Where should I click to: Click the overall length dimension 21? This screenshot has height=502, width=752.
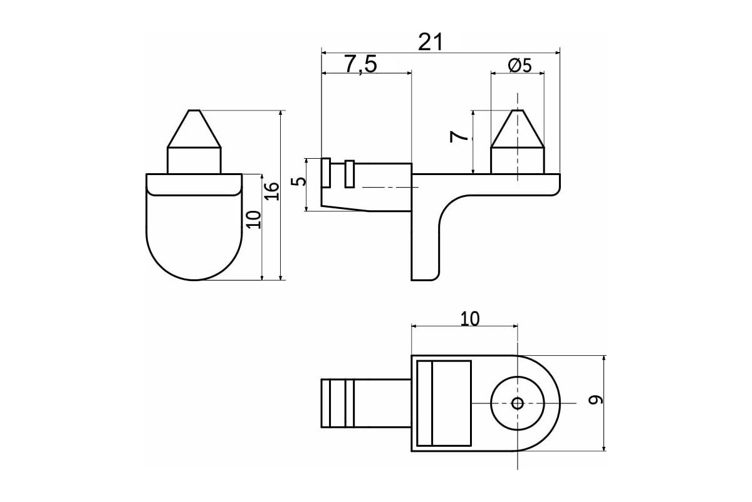coord(431,42)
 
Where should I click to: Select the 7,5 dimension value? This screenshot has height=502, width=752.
coord(360,64)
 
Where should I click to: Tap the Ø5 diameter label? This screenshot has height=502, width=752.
coord(520,65)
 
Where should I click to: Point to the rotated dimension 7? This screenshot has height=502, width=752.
coord(459,137)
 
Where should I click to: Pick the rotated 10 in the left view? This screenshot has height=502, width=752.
coord(254,220)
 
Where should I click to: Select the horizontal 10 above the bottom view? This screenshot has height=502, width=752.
coord(469,319)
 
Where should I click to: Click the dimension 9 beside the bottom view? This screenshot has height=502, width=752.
coord(595,400)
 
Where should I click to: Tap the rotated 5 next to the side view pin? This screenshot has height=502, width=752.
coord(299,181)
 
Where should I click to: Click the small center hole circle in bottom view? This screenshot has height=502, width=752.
coord(518,403)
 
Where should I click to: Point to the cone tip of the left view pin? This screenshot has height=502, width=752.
coord(194,110)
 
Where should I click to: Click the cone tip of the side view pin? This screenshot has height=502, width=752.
coord(518,110)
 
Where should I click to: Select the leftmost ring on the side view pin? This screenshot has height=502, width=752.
coord(326,173)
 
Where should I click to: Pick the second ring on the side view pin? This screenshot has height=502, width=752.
coord(350,174)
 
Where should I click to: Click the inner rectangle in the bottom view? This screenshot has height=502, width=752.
coord(444,403)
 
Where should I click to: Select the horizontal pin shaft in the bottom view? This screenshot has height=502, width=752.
coord(366,403)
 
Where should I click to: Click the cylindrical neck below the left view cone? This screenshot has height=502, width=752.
coord(194,161)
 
